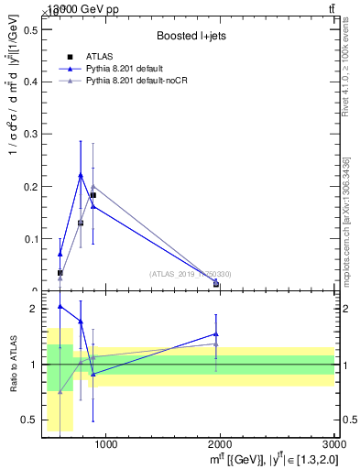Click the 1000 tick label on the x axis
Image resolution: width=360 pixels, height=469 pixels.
[x=105, y=446]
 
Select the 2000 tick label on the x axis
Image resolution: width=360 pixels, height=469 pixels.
[x=221, y=446]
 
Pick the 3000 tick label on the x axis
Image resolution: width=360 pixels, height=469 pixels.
[x=334, y=446]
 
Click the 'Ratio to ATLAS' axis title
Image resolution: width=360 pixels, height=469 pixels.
[x=13, y=365]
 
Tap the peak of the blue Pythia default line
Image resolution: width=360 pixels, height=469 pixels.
[x=80, y=174]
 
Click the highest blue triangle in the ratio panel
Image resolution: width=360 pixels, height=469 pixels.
[x=60, y=306]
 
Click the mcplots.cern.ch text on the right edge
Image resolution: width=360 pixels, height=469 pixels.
[x=347, y=221]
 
